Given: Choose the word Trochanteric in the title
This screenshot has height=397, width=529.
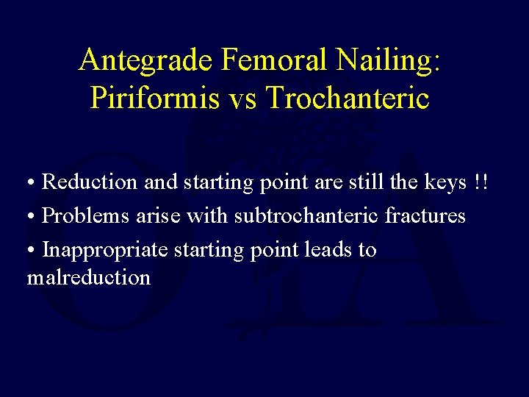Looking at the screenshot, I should [350, 98].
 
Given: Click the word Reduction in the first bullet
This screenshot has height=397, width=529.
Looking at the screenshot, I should [90, 182].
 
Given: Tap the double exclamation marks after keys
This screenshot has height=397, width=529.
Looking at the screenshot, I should [481, 182].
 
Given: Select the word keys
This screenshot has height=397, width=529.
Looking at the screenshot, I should [445, 182].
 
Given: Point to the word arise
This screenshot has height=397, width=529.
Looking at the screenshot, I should [160, 216].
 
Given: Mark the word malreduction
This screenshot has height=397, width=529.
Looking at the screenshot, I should [88, 277].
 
